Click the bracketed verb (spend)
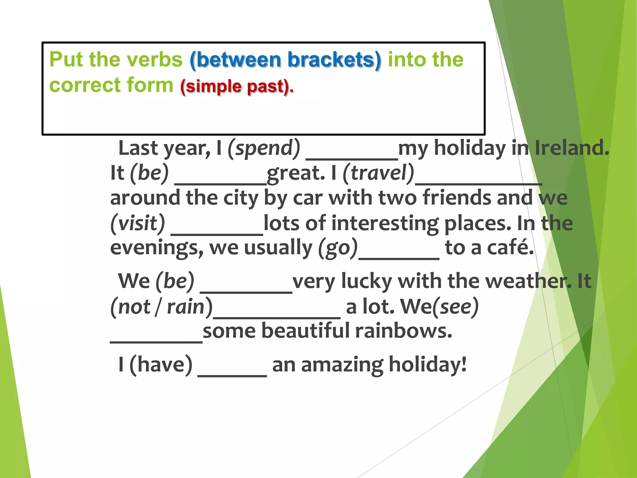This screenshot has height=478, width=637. pos(264,148)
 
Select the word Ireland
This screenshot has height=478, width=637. pos(572,148)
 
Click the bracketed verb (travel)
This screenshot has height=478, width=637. pos(378,173)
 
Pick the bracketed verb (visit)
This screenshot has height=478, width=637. pos(138,223)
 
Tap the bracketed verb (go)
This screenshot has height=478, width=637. pos(338,248)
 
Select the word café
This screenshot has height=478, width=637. pos(510,248)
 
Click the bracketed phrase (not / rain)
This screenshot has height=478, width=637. pos(161,307)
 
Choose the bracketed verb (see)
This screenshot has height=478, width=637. pos(455,307)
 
